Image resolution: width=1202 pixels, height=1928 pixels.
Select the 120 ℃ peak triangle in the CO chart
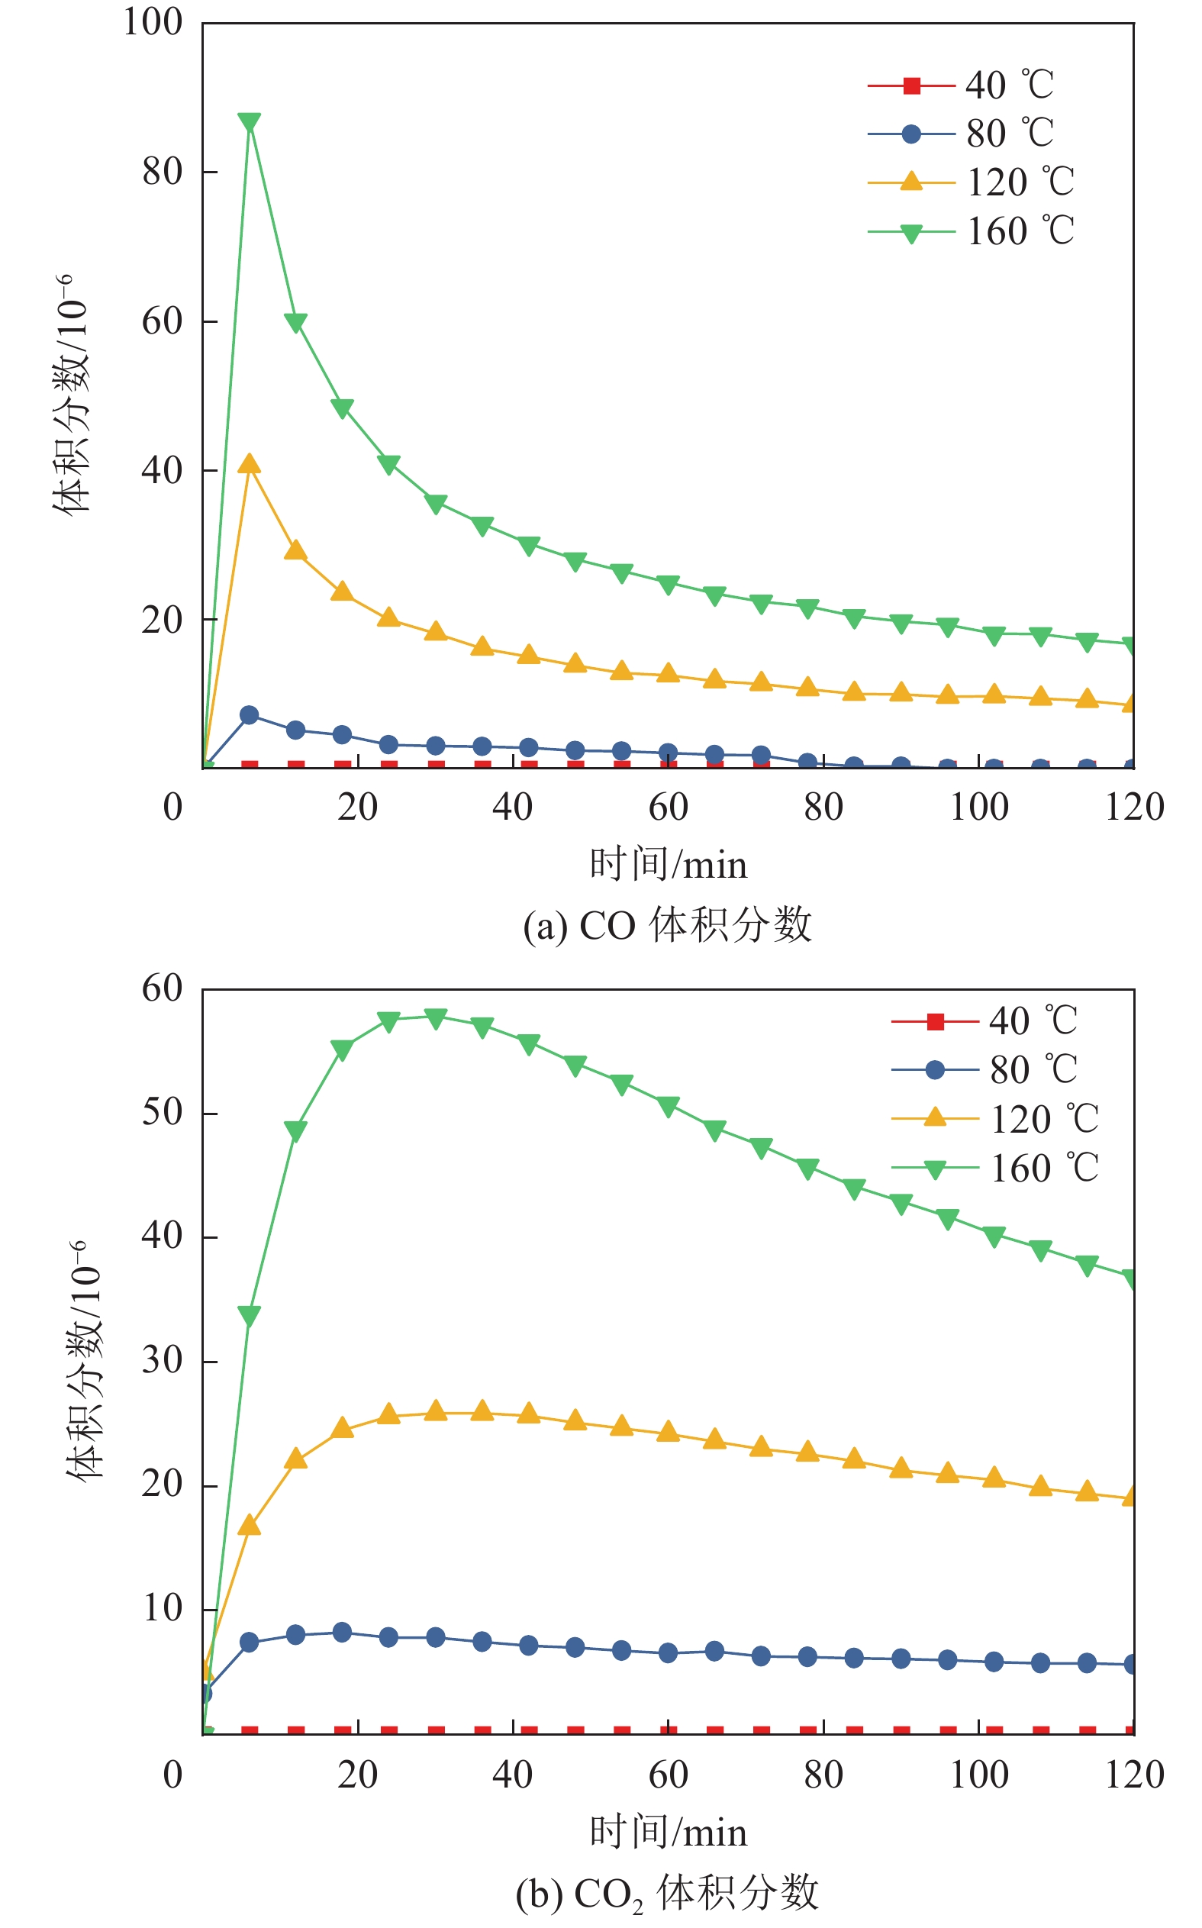pos(249,464)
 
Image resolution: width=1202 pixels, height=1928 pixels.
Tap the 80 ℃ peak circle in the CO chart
pos(249,714)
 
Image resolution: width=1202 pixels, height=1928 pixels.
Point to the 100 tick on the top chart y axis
pos(153,22)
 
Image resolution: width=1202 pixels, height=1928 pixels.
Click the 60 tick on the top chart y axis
pos(162,321)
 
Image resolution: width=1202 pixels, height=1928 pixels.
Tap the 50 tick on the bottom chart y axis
pos(162,1112)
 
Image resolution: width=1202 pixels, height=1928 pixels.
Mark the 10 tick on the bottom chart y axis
pos(162,1608)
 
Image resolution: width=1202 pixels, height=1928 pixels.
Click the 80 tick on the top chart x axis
pos(823,808)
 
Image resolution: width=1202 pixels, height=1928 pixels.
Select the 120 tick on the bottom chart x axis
pos(1134,1775)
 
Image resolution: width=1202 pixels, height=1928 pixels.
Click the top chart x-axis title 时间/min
pos(668,865)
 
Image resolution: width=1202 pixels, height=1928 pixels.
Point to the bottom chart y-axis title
pos(83,1359)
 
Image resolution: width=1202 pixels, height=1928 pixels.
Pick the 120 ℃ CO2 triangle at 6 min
pos(249,1525)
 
